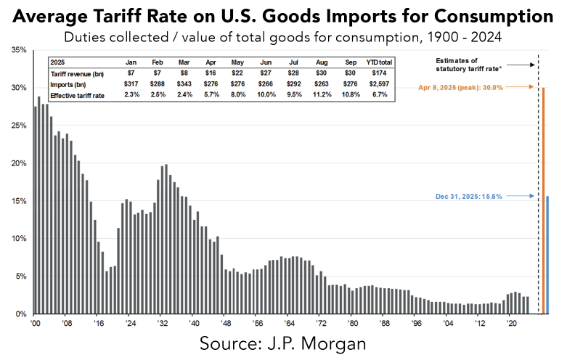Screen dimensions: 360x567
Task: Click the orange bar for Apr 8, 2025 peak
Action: (x=542, y=200)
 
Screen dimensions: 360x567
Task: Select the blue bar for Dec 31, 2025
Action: (x=547, y=255)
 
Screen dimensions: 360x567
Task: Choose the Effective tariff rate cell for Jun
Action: (x=247, y=94)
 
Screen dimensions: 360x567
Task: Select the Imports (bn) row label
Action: (x=70, y=84)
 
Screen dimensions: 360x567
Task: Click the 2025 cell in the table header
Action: (x=59, y=63)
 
